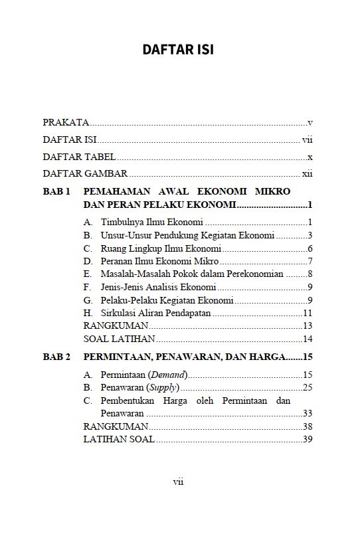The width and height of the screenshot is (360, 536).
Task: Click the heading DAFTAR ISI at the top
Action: point(179,50)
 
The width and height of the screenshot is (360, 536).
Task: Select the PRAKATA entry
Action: point(66,123)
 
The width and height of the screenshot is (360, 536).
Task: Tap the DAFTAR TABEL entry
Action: point(79,157)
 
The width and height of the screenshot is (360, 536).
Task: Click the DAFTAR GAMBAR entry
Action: point(85,174)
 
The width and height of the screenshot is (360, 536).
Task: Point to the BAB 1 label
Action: point(56,191)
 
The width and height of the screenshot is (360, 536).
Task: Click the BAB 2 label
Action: point(56,357)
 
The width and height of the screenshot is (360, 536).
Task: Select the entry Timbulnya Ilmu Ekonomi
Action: point(151,222)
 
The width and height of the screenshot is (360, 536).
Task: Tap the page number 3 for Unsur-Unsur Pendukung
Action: point(310,234)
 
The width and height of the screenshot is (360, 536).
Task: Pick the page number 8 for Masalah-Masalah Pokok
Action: point(310,274)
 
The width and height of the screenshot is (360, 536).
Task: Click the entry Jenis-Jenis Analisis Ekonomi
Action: point(159,287)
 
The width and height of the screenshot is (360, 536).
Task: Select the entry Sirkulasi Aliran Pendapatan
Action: point(155,313)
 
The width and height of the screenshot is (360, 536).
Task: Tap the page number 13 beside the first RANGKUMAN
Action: point(308,325)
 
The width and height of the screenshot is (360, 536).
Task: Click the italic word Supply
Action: point(163,387)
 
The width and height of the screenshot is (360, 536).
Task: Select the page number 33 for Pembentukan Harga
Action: point(308,413)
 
